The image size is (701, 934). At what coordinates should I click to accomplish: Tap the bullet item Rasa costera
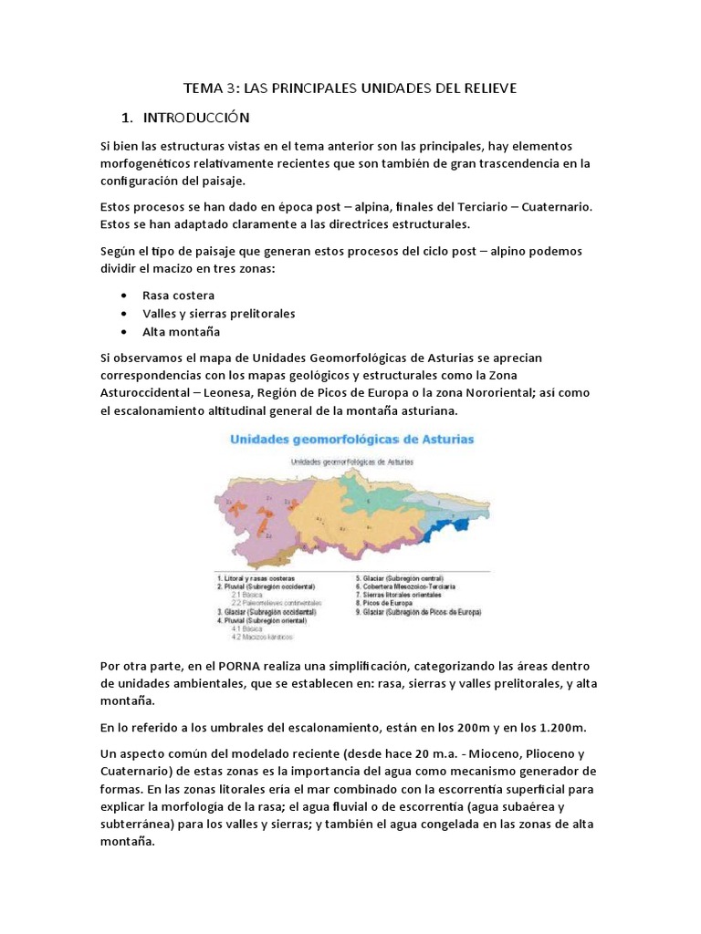click(178, 295)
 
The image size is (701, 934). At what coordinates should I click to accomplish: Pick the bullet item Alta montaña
click(181, 331)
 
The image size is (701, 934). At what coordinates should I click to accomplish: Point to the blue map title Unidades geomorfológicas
click(351, 439)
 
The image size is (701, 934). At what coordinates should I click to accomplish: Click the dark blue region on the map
click(453, 530)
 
